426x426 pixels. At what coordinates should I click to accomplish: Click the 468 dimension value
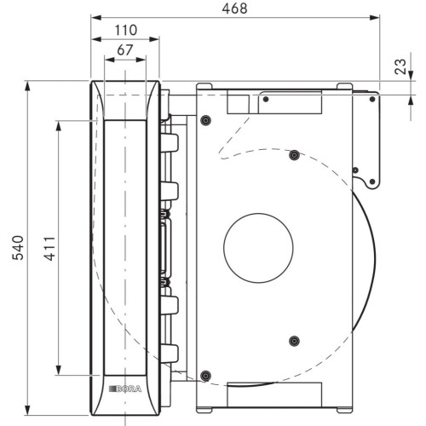(x=234, y=9)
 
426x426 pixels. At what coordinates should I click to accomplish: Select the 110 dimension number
(x=125, y=30)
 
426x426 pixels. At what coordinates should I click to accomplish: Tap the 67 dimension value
(x=125, y=50)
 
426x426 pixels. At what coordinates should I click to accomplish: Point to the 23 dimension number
(x=400, y=66)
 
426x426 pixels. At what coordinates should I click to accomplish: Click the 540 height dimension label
(x=18, y=248)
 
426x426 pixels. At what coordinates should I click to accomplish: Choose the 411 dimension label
(x=49, y=249)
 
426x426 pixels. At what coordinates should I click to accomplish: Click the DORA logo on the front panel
(x=125, y=389)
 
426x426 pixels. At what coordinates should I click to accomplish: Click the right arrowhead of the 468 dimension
(x=375, y=18)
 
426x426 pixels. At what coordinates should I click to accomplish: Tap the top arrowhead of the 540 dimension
(x=27, y=86)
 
